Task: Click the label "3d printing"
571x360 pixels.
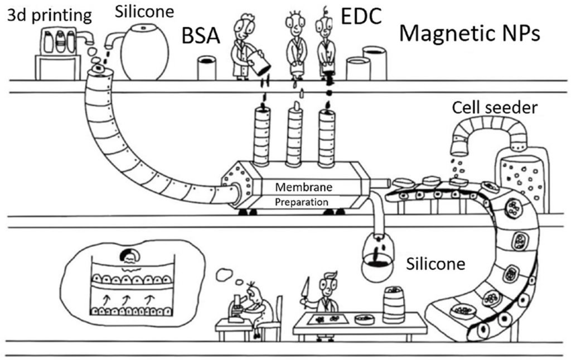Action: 49,16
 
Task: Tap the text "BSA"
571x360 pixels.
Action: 201,36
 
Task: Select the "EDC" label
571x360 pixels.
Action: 361,16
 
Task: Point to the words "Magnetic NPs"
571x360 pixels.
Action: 470,33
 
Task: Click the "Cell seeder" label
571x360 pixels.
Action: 495,108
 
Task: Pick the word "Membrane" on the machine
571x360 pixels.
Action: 303,187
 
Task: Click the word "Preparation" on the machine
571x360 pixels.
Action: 302,202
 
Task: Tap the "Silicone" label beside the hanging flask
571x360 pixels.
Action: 435,264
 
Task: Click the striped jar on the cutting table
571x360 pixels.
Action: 394,304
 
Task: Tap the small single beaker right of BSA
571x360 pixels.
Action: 206,67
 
